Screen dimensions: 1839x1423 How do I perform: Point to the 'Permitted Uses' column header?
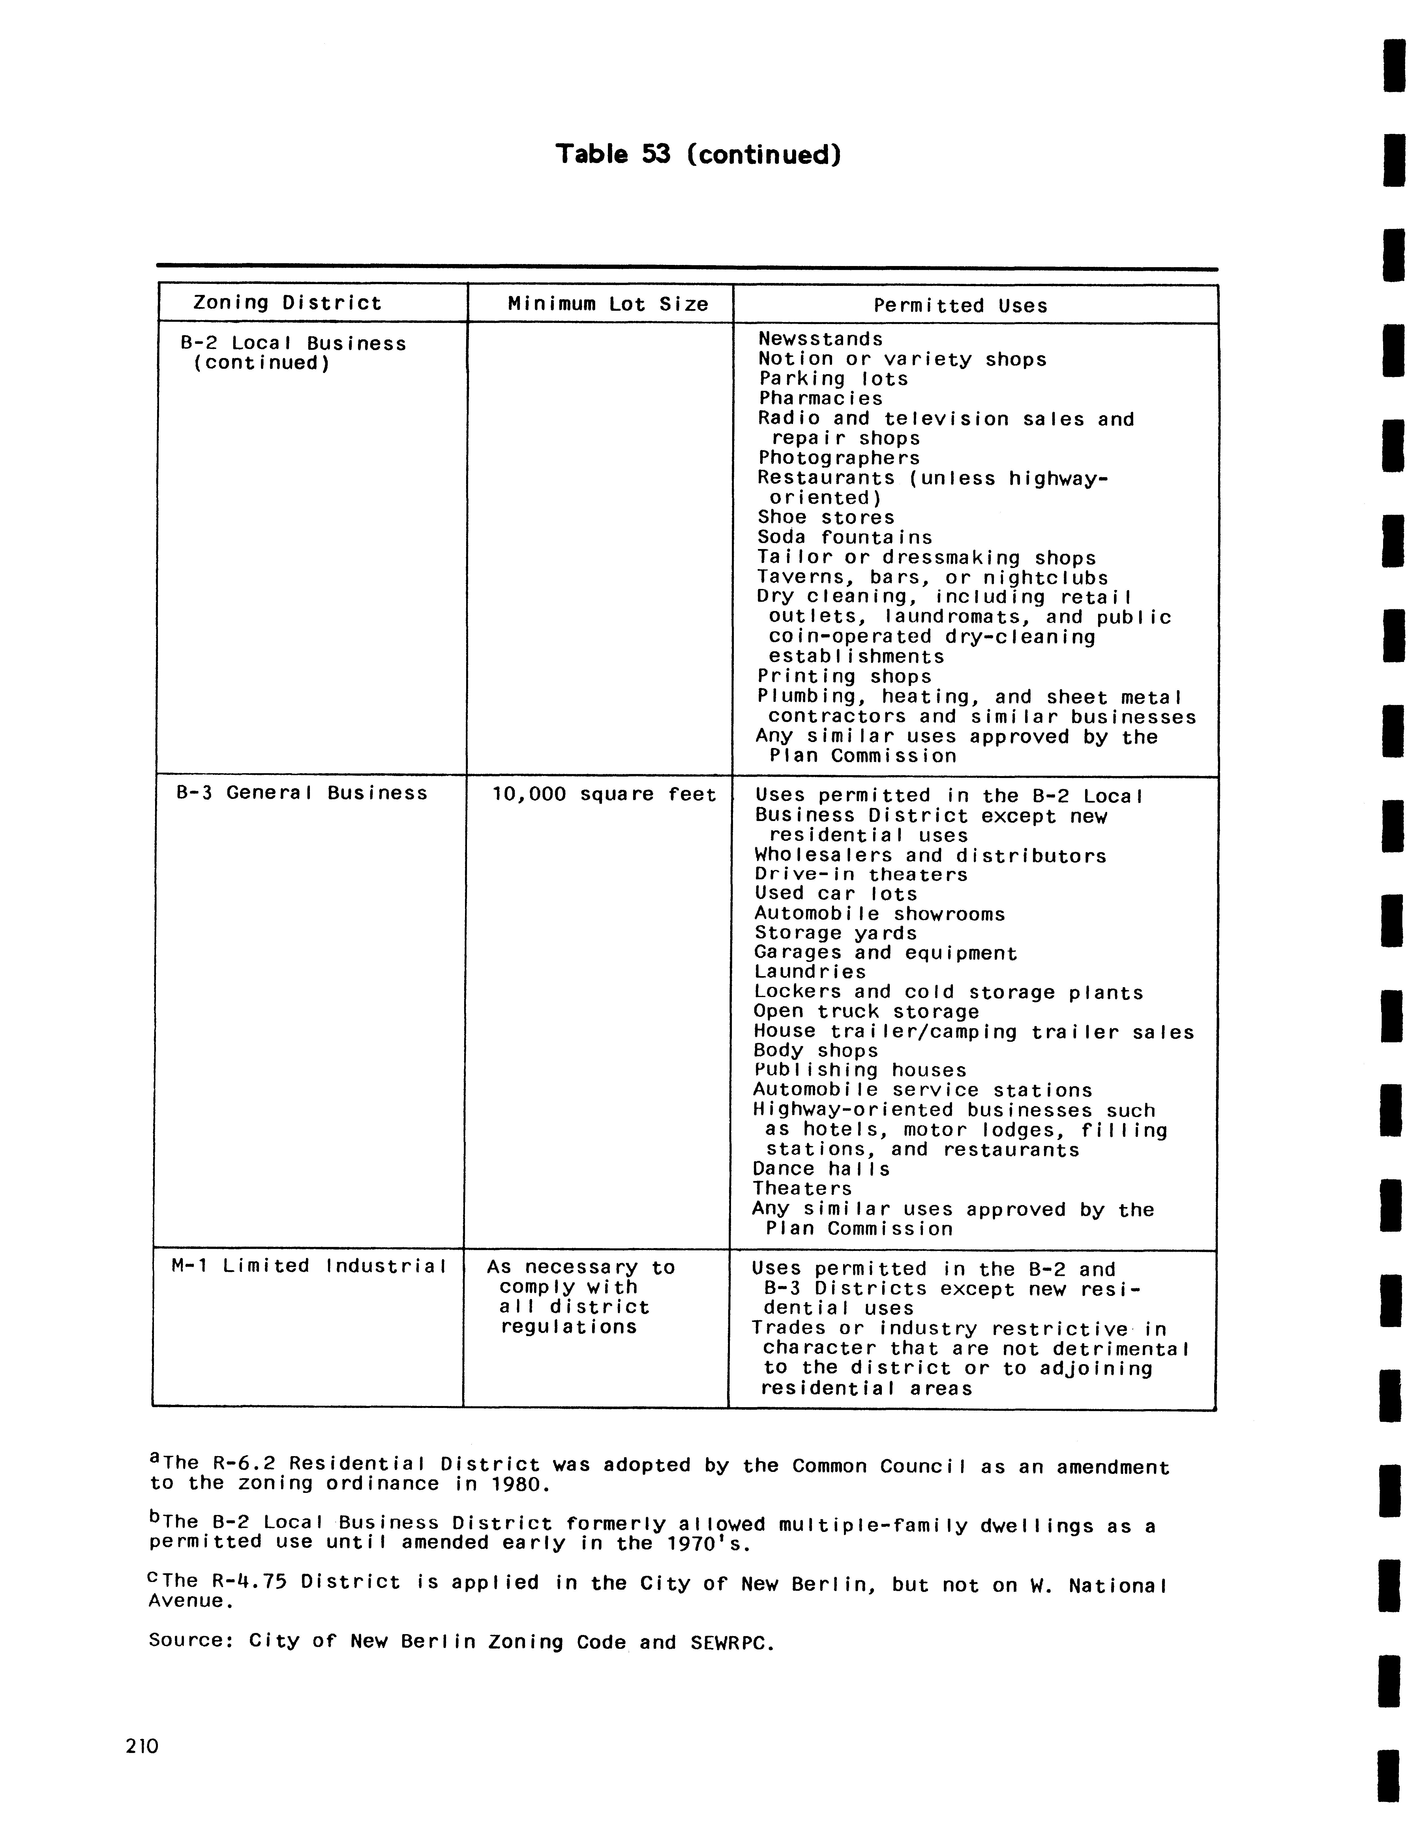[x=960, y=306]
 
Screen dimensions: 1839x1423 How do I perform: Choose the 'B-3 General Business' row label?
[x=301, y=793]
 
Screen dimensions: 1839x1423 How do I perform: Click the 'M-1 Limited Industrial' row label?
[x=308, y=1266]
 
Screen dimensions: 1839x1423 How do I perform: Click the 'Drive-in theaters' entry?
[x=861, y=875]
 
